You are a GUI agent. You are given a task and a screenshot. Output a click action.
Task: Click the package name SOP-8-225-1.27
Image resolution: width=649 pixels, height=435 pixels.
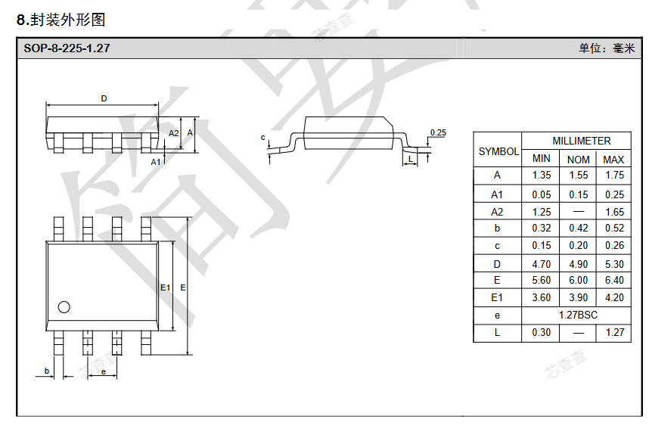coord(67,48)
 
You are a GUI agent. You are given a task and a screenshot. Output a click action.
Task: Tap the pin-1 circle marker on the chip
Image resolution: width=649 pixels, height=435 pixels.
coord(64,307)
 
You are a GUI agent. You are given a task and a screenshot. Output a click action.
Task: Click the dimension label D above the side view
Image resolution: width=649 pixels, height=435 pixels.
coord(104,98)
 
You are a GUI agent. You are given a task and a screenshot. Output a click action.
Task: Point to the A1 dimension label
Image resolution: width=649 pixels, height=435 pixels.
coord(156,161)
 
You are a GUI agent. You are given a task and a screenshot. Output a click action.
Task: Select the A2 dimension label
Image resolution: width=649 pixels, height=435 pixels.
coord(174,133)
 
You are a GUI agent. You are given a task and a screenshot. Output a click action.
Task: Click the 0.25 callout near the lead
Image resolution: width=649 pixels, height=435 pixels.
coord(438,132)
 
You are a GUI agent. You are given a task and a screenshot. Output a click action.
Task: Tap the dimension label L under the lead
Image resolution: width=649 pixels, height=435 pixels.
coord(411,159)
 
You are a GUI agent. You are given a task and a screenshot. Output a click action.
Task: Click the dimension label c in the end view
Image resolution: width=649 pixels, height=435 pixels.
coord(262,137)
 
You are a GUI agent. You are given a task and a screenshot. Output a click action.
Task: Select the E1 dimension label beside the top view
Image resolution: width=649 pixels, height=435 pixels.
coord(166,287)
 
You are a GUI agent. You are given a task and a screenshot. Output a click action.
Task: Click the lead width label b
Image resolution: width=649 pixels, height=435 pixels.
coord(47,371)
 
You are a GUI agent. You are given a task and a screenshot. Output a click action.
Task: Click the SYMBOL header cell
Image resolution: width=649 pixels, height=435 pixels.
coord(498,151)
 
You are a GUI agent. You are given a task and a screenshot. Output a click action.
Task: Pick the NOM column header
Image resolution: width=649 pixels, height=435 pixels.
coord(578,159)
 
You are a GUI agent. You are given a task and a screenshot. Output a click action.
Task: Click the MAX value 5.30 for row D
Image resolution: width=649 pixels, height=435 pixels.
coord(614,264)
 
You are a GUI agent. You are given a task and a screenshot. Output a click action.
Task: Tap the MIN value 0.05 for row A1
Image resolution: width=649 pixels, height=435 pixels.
coord(542,194)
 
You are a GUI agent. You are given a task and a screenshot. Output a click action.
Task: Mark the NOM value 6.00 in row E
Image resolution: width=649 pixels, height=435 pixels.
coord(578,280)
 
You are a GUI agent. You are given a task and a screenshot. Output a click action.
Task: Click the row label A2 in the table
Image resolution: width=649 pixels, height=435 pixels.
coord(497,212)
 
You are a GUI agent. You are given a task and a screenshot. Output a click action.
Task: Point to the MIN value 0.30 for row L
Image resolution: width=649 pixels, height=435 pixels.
coord(542,332)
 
